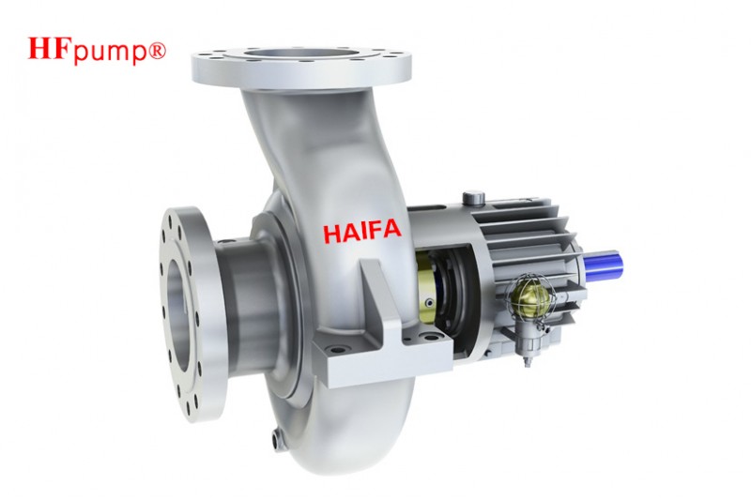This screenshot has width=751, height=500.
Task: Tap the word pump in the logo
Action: coord(108,53)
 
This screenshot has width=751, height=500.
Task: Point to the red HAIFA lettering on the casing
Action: coord(362,231)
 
